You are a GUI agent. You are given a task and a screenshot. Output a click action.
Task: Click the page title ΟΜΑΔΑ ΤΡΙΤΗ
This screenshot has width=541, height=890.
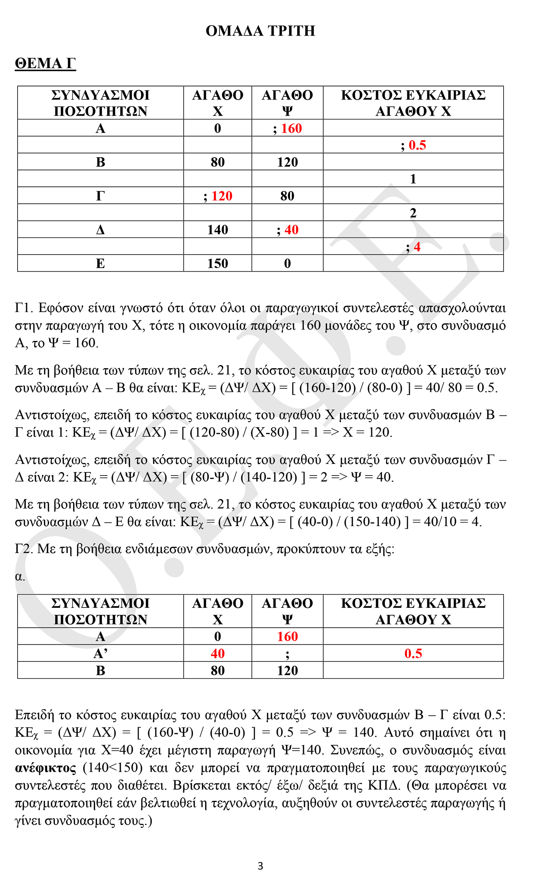[260, 31]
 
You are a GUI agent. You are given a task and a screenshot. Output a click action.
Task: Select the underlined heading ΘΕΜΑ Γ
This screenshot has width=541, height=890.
[45, 63]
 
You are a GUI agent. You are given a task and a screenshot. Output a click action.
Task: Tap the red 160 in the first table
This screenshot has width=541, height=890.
[292, 128]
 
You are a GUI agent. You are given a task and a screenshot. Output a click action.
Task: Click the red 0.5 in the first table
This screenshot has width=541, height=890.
[417, 145]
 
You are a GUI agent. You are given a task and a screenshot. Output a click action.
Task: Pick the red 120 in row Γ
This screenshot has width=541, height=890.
[222, 196]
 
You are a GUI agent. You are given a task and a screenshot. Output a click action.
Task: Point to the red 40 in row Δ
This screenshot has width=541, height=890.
[292, 230]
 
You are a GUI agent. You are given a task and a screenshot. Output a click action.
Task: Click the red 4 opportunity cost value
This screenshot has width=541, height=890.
[417, 247]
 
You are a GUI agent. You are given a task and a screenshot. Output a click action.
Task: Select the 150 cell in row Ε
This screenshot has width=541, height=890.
[218, 263]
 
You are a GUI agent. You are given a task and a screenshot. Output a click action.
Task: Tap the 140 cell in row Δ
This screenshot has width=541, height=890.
[218, 230]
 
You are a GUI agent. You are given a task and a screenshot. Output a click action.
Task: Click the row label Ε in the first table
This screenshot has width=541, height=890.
[100, 263]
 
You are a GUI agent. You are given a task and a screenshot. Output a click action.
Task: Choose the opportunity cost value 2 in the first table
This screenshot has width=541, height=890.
[413, 213]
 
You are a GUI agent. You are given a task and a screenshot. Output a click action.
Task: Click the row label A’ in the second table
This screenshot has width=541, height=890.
[100, 653]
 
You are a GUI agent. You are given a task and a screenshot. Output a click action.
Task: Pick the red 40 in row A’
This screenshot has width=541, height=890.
[218, 653]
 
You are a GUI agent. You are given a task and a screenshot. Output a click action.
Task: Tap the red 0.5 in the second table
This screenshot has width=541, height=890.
[413, 653]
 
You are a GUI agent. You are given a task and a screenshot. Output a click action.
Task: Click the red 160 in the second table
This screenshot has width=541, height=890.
[287, 636]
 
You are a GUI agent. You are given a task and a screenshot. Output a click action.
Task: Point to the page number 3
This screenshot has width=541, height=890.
[260, 866]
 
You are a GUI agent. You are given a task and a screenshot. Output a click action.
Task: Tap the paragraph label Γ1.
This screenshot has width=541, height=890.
[24, 308]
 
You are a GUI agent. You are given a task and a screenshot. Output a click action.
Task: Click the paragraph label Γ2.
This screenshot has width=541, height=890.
[24, 549]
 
